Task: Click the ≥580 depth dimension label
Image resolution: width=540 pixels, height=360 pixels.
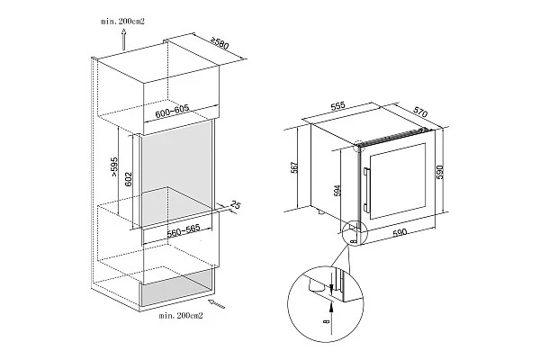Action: pyautogui.click(x=220, y=43)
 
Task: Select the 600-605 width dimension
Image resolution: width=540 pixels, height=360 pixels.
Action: pyautogui.click(x=172, y=112)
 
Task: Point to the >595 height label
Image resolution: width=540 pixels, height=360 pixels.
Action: pyautogui.click(x=114, y=167)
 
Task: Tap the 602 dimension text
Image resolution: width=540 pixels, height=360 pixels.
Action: pyautogui.click(x=128, y=179)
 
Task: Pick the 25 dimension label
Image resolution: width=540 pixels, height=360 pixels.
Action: pyautogui.click(x=235, y=205)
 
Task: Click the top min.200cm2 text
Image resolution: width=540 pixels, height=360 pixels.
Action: pyautogui.click(x=122, y=22)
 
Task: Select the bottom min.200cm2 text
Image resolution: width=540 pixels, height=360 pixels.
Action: pyautogui.click(x=181, y=315)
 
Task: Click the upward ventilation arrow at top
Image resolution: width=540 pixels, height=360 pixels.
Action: pyautogui.click(x=123, y=40)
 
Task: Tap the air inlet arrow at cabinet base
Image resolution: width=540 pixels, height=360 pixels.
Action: pyautogui.click(x=217, y=304)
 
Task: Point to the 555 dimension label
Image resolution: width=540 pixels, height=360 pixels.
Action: pyautogui.click(x=337, y=106)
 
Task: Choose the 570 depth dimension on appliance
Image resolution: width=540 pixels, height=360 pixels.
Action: pyautogui.click(x=420, y=112)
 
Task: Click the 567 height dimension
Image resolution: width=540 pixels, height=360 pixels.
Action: pyautogui.click(x=294, y=167)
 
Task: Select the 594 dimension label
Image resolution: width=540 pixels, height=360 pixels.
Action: pyautogui.click(x=337, y=191)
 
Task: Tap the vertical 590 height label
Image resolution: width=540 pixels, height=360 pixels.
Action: pyautogui.click(x=440, y=172)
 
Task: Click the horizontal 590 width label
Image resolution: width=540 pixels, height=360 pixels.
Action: pyautogui.click(x=400, y=232)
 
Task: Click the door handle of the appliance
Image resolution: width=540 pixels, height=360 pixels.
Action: pyautogui.click(x=365, y=190)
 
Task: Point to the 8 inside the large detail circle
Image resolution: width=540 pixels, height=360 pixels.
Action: pyautogui.click(x=326, y=321)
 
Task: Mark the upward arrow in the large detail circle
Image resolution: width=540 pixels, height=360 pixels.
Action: pyautogui.click(x=331, y=317)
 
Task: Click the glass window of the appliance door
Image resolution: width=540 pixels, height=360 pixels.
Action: pyautogui.click(x=398, y=181)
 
